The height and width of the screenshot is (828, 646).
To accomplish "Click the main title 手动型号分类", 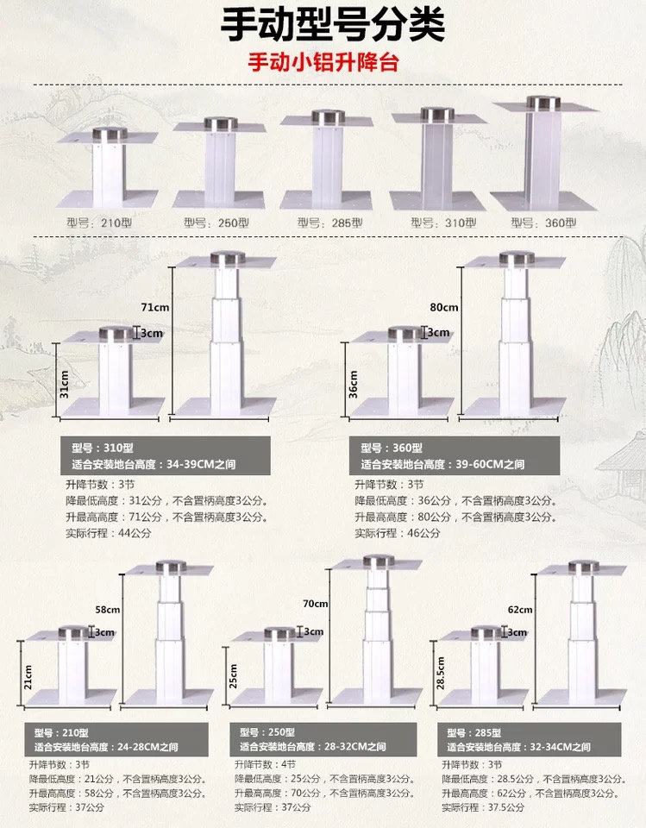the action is point(332,26).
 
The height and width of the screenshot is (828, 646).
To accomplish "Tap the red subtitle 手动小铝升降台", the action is point(323,64).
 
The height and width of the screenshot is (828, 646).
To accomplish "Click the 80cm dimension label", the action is point(446,306).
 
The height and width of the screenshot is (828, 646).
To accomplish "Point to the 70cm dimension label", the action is point(316,603).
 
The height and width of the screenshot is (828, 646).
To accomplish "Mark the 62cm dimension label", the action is point(520,609).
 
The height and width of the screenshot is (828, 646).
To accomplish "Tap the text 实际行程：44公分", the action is point(108,533).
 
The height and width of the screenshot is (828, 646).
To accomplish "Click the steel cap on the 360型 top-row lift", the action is point(543,103).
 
